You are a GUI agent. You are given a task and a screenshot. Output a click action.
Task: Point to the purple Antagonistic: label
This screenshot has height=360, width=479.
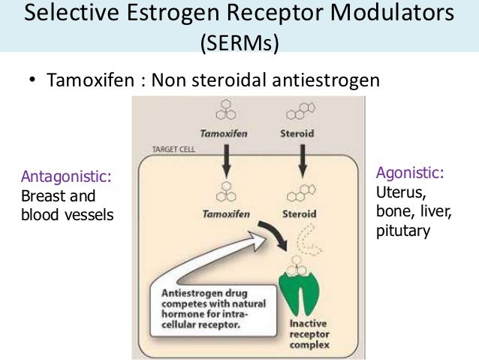point(67,177)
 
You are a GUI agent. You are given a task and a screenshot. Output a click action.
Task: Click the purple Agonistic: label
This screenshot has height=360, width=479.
point(410,174)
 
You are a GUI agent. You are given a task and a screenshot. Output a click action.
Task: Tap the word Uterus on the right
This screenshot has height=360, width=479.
point(398,192)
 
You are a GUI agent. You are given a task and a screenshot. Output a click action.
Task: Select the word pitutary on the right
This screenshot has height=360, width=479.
point(403,230)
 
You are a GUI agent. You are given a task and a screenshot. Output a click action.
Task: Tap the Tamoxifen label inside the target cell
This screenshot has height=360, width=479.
point(223,213)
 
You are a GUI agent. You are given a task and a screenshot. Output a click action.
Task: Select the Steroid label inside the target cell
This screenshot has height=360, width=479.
point(299,213)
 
